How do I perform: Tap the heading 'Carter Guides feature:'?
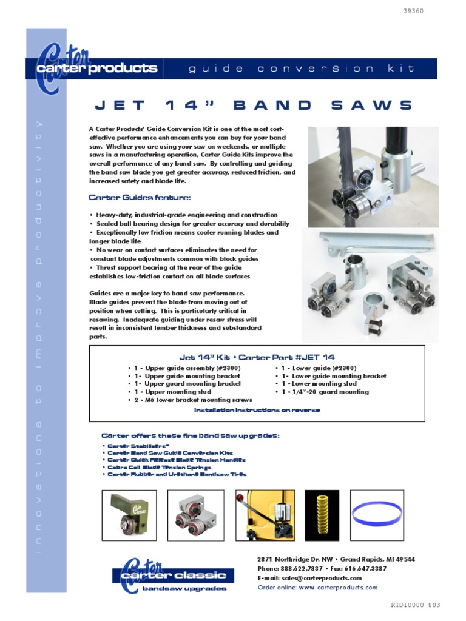tap(140, 198)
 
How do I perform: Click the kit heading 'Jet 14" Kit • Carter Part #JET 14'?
tap(257, 357)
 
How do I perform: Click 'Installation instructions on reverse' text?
tap(257, 411)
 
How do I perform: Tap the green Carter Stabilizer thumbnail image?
tap(129, 515)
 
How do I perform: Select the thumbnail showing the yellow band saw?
tap(265, 515)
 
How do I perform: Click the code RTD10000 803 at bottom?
tap(416, 606)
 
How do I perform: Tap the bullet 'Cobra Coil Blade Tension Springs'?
tap(158, 468)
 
